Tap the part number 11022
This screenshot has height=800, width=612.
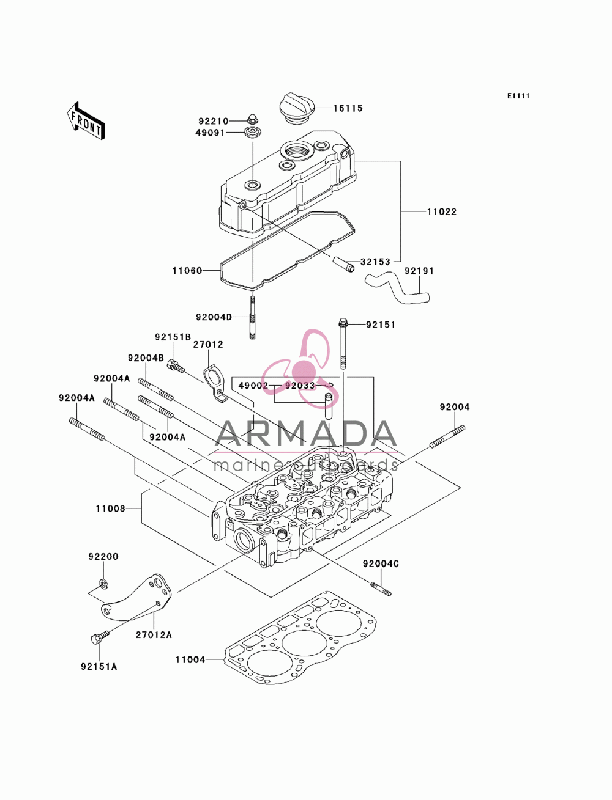pos(442,211)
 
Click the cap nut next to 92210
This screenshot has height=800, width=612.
pos(252,119)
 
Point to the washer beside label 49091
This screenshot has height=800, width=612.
pos(252,133)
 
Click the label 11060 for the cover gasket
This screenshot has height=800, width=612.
pos(187,270)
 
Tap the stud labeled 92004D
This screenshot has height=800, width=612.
pos(252,317)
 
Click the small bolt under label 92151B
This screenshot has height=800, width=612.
pos(175,365)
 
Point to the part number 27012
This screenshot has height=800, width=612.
pos(208,345)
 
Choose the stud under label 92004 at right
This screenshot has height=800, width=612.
pos(447,436)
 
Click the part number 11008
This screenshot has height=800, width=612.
pos(111,508)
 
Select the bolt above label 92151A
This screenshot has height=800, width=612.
pos(99,636)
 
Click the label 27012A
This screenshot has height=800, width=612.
pos(154,635)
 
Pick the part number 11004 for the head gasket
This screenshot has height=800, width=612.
pos(190,660)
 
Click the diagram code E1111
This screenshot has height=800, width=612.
pos(518,96)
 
